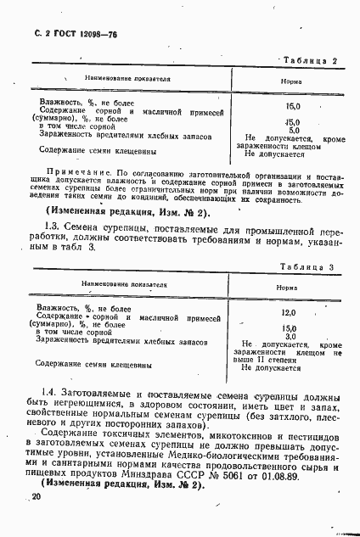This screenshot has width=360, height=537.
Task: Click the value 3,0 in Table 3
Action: click(x=290, y=336)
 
